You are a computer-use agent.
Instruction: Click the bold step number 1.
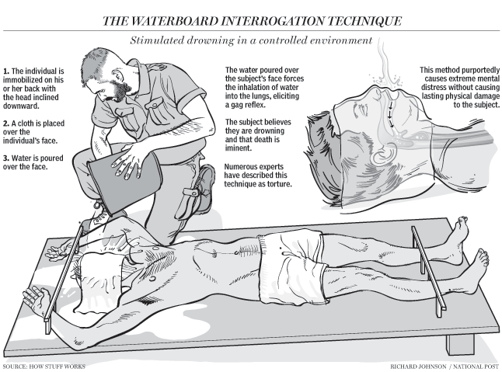point(5,71)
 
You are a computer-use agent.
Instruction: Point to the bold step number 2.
point(6,123)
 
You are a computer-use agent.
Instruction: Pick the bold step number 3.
point(6,158)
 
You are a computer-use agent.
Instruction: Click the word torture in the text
point(281,184)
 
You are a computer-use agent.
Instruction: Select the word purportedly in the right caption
point(482,70)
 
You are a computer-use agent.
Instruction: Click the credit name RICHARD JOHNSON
point(418,367)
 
